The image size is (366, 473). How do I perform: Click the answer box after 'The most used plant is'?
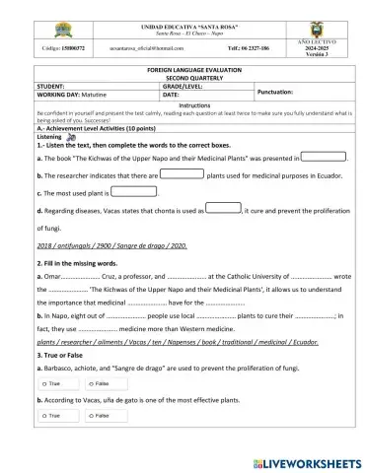tap(134, 191)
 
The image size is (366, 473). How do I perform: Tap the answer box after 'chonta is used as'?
tap(226, 209)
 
